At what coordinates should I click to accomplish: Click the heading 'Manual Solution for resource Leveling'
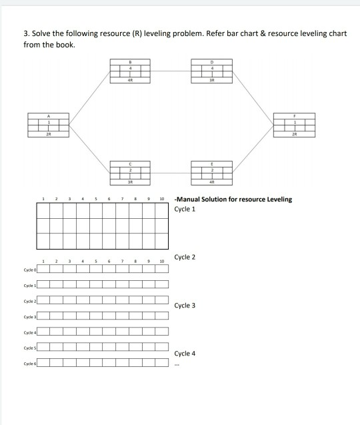pyautogui.click(x=233, y=199)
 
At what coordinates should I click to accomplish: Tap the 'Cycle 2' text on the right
pyautogui.click(x=185, y=257)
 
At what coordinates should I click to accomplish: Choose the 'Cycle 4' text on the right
pyautogui.click(x=185, y=353)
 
